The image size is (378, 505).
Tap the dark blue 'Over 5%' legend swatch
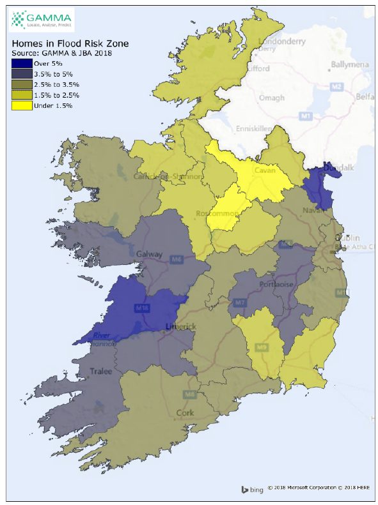pyautogui.click(x=21, y=63)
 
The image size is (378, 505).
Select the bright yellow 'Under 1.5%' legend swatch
pyautogui.click(x=21, y=105)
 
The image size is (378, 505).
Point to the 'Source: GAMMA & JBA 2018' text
pyautogui.click(x=62, y=54)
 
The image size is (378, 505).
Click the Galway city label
pyautogui.click(x=148, y=253)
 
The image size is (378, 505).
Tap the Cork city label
pyautogui.click(x=185, y=413)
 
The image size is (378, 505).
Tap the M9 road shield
pyautogui.click(x=262, y=347)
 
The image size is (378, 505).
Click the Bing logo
pyautogui.click(x=252, y=490)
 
